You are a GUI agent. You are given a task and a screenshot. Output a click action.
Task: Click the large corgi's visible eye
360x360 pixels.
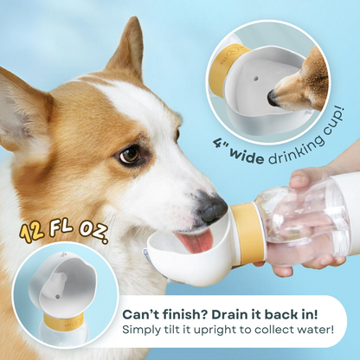[130, 154]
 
